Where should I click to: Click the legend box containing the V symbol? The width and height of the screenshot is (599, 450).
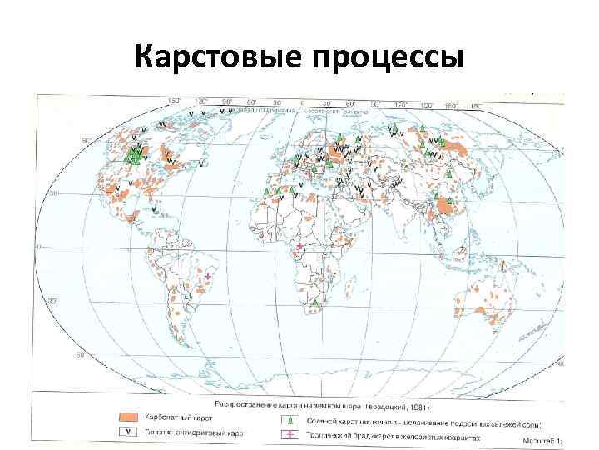[x=127, y=432]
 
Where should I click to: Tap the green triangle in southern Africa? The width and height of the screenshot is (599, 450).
[x=317, y=300]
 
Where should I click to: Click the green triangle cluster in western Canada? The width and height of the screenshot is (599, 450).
[x=133, y=155]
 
